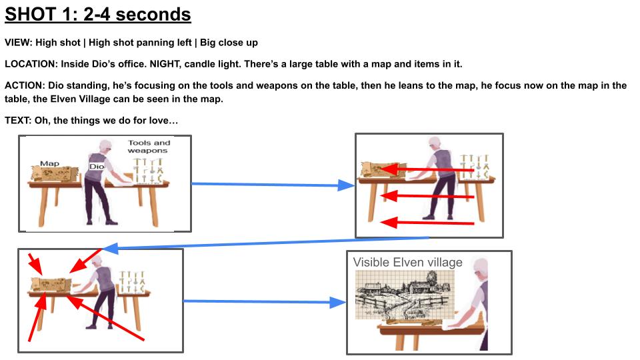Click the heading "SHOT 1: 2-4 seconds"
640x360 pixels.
tap(97, 15)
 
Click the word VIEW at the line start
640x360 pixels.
tap(18, 43)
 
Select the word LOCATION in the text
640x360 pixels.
tap(31, 64)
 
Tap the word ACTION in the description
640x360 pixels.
tap(24, 86)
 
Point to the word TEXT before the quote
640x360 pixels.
tap(17, 121)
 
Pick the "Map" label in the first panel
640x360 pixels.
tap(50, 163)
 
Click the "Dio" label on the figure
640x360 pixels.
tap(96, 167)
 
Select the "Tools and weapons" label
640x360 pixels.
tap(149, 147)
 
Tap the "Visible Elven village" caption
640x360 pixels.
tap(408, 262)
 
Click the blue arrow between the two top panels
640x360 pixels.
tap(273, 185)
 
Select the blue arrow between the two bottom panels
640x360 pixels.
tap(265, 302)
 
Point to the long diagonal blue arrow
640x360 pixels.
tap(265, 243)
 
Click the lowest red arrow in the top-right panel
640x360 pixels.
tap(427, 223)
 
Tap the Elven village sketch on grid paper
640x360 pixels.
tap(405, 295)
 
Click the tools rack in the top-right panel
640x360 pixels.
tap(474, 167)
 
